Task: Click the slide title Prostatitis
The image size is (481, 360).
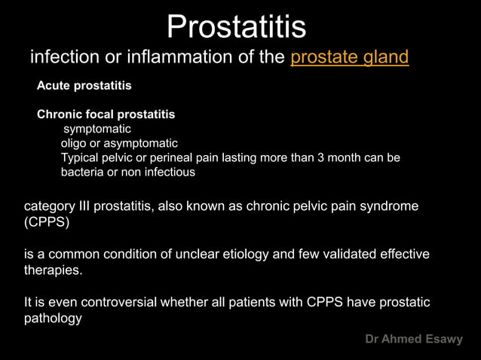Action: tap(236, 27)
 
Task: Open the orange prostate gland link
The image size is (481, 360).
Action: tap(349, 57)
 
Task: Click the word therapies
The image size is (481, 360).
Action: tap(54, 271)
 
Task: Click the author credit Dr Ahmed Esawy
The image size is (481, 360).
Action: tap(414, 340)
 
